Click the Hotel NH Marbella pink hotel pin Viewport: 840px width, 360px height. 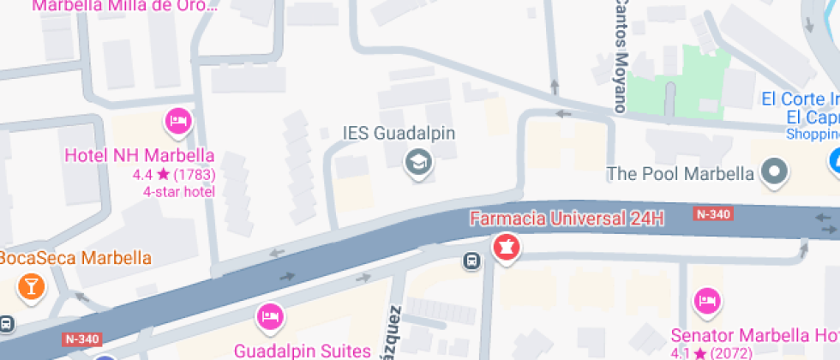tap(178, 122)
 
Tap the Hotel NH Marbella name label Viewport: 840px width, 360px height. tap(140, 156)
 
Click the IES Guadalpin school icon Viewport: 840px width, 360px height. tap(418, 160)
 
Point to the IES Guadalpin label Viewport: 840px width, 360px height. tap(399, 134)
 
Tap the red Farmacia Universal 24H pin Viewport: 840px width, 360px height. tap(506, 248)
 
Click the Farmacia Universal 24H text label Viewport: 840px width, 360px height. tap(567, 218)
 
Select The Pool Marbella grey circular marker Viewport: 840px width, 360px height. tap(776, 171)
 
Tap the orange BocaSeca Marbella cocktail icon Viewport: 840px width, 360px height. tap(33, 286)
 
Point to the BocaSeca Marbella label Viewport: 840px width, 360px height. tap(75, 258)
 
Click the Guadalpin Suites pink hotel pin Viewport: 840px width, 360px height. tap(270, 317)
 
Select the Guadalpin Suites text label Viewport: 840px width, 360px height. tap(303, 350)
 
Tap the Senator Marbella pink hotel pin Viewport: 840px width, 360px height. tap(708, 301)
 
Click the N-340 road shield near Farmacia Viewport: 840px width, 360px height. tap(713, 213)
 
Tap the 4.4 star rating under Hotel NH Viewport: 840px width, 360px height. tap(173, 174)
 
